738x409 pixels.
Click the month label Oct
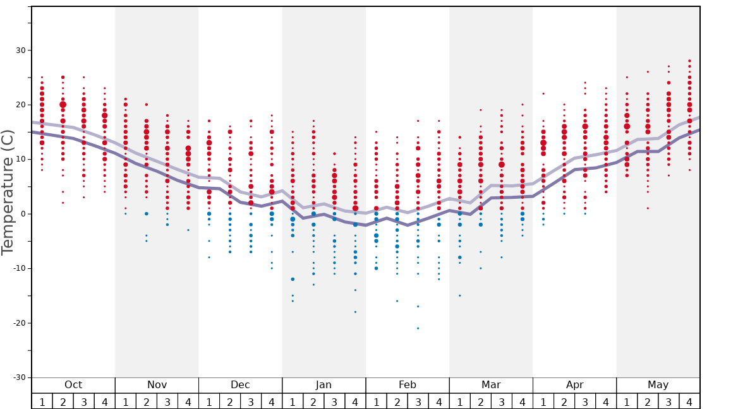[73, 385]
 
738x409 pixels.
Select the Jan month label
[324, 385]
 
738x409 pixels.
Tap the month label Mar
[491, 385]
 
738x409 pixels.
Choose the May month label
[658, 385]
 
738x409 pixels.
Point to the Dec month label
[240, 385]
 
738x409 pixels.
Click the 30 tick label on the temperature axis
[18, 50]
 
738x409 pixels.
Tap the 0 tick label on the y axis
[21, 214]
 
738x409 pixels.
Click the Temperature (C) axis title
[8, 193]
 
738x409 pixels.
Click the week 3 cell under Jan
[334, 401]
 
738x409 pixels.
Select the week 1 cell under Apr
[543, 401]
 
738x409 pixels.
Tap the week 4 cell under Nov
[188, 401]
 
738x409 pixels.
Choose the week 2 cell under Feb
[397, 401]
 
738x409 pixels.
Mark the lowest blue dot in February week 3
[418, 328]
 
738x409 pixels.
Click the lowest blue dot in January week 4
[355, 312]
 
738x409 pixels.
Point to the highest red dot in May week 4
[689, 61]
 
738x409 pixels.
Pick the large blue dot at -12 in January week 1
[293, 279]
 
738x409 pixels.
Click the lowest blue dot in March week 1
[459, 295]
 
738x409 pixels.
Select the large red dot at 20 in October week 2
[63, 105]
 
